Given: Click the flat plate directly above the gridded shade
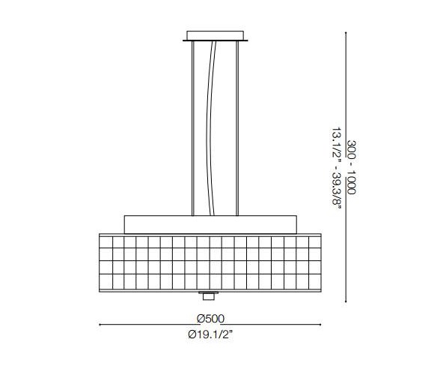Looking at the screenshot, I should [210, 223].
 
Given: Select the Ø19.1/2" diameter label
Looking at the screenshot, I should [211, 335].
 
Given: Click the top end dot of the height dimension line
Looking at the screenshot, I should [345, 31].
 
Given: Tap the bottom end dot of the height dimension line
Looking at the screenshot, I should [345, 301].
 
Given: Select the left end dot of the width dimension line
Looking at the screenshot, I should [100, 325].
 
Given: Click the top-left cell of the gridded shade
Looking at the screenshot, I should [106, 241].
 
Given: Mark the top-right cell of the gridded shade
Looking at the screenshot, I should [316, 241].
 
